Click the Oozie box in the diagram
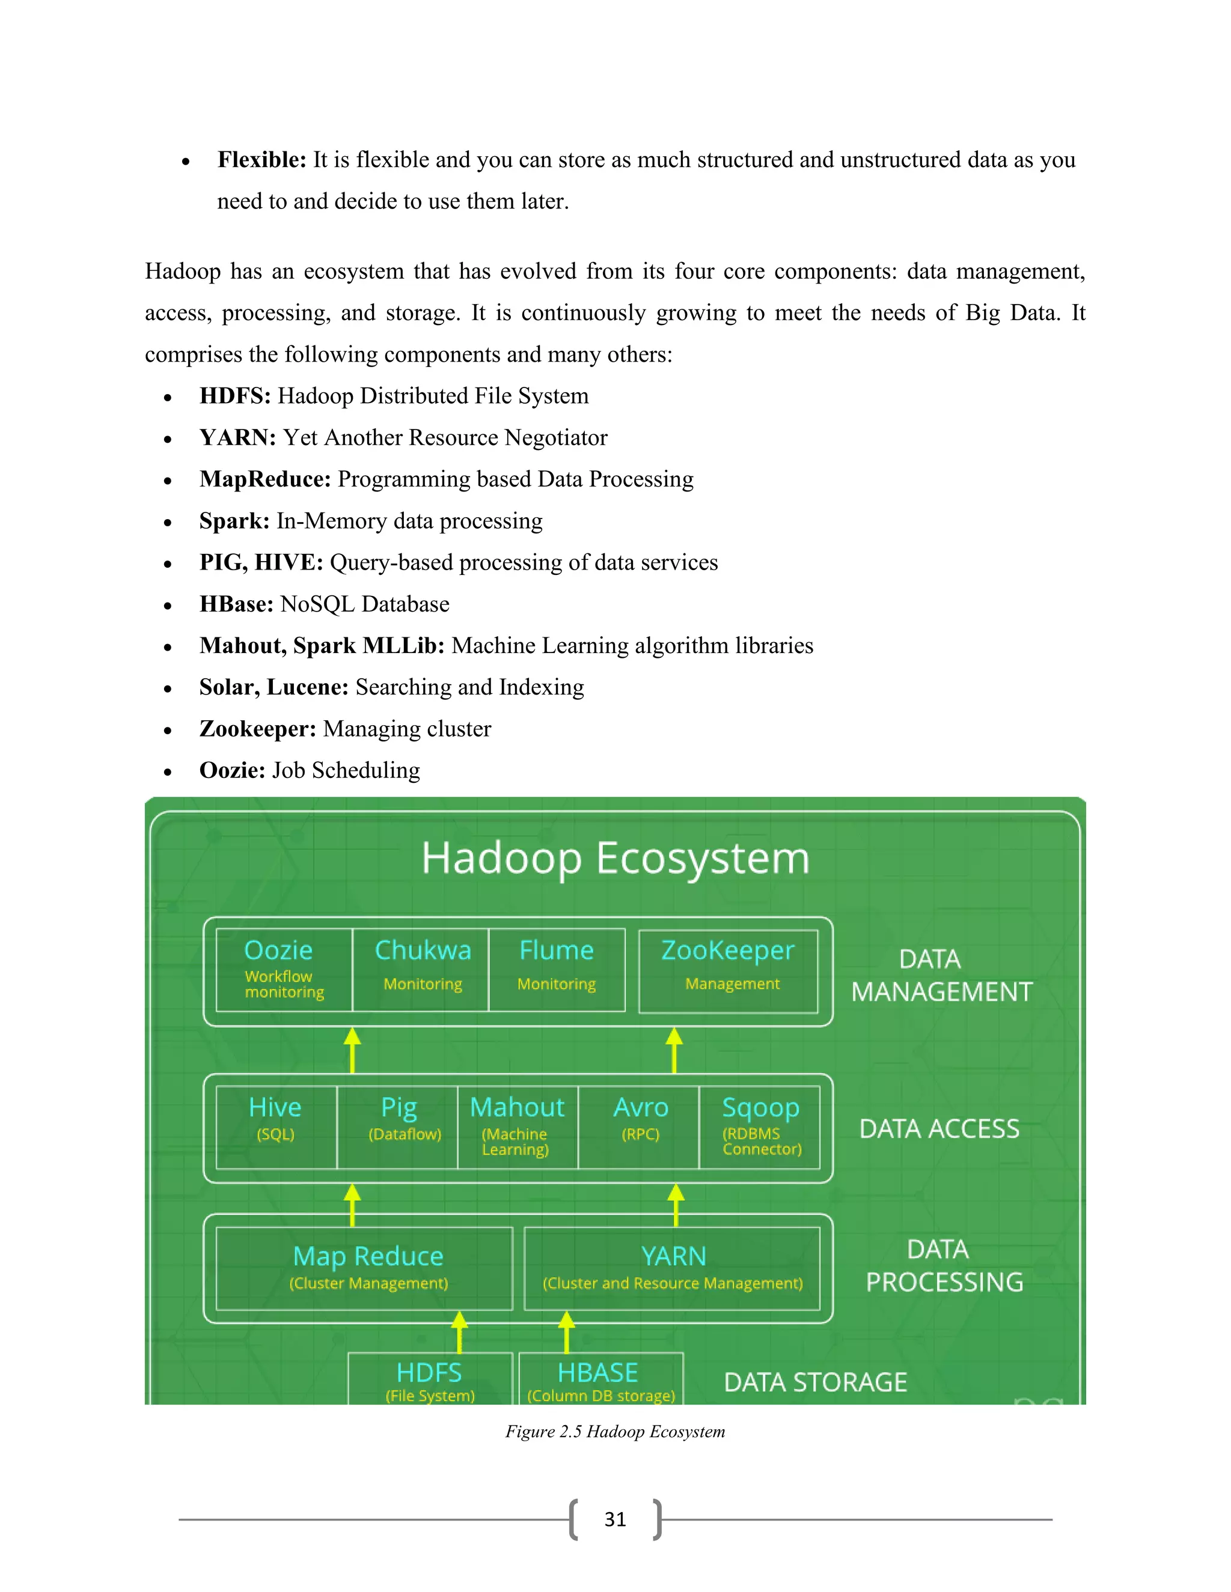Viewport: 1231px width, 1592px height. (x=284, y=970)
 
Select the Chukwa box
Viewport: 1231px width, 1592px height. (x=421, y=970)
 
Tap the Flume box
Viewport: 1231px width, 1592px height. (x=557, y=970)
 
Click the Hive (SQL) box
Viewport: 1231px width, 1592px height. (x=276, y=1127)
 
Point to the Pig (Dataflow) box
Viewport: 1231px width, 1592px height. (x=397, y=1127)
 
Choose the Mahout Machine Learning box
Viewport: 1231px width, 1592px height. (x=518, y=1127)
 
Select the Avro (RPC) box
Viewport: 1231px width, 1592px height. (x=639, y=1127)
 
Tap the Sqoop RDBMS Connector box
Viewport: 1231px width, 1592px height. (x=760, y=1127)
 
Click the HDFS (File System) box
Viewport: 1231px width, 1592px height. (x=430, y=1380)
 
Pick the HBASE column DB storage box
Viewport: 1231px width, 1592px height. (x=601, y=1380)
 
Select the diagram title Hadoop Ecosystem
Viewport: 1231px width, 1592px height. (x=615, y=858)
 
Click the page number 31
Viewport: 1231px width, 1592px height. (x=615, y=1519)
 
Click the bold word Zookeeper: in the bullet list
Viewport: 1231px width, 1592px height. (x=257, y=729)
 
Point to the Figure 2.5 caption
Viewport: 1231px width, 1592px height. (x=615, y=1432)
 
